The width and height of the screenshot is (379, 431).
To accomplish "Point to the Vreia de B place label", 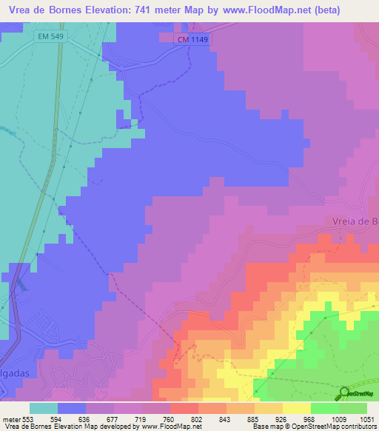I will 351,221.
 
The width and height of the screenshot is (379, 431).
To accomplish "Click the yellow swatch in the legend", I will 297,408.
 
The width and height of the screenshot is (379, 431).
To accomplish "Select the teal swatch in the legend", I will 44,408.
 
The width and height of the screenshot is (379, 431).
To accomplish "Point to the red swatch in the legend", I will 184,408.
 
